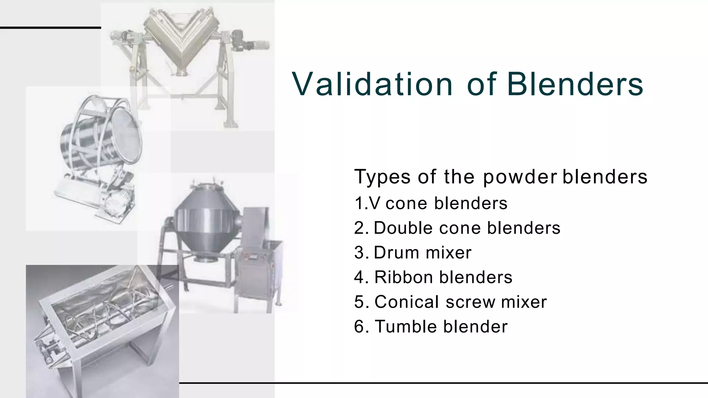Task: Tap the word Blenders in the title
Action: (x=575, y=84)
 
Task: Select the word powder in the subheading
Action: (x=520, y=177)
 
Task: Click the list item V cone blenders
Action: (x=431, y=203)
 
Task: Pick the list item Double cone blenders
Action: (x=457, y=228)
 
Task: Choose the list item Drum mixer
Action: (x=413, y=253)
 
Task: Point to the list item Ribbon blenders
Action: (x=433, y=277)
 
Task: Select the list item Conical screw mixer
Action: (x=450, y=302)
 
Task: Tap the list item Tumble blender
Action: (x=431, y=326)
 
